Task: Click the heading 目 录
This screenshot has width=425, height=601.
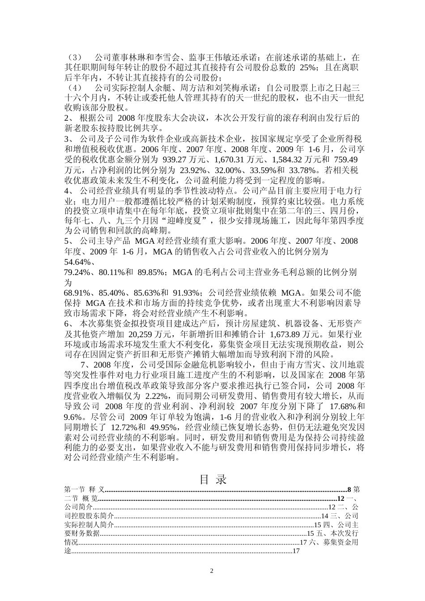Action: tap(212, 479)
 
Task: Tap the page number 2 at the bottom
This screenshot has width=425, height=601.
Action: tap(212, 571)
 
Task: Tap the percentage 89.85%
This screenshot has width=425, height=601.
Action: tap(150, 272)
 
